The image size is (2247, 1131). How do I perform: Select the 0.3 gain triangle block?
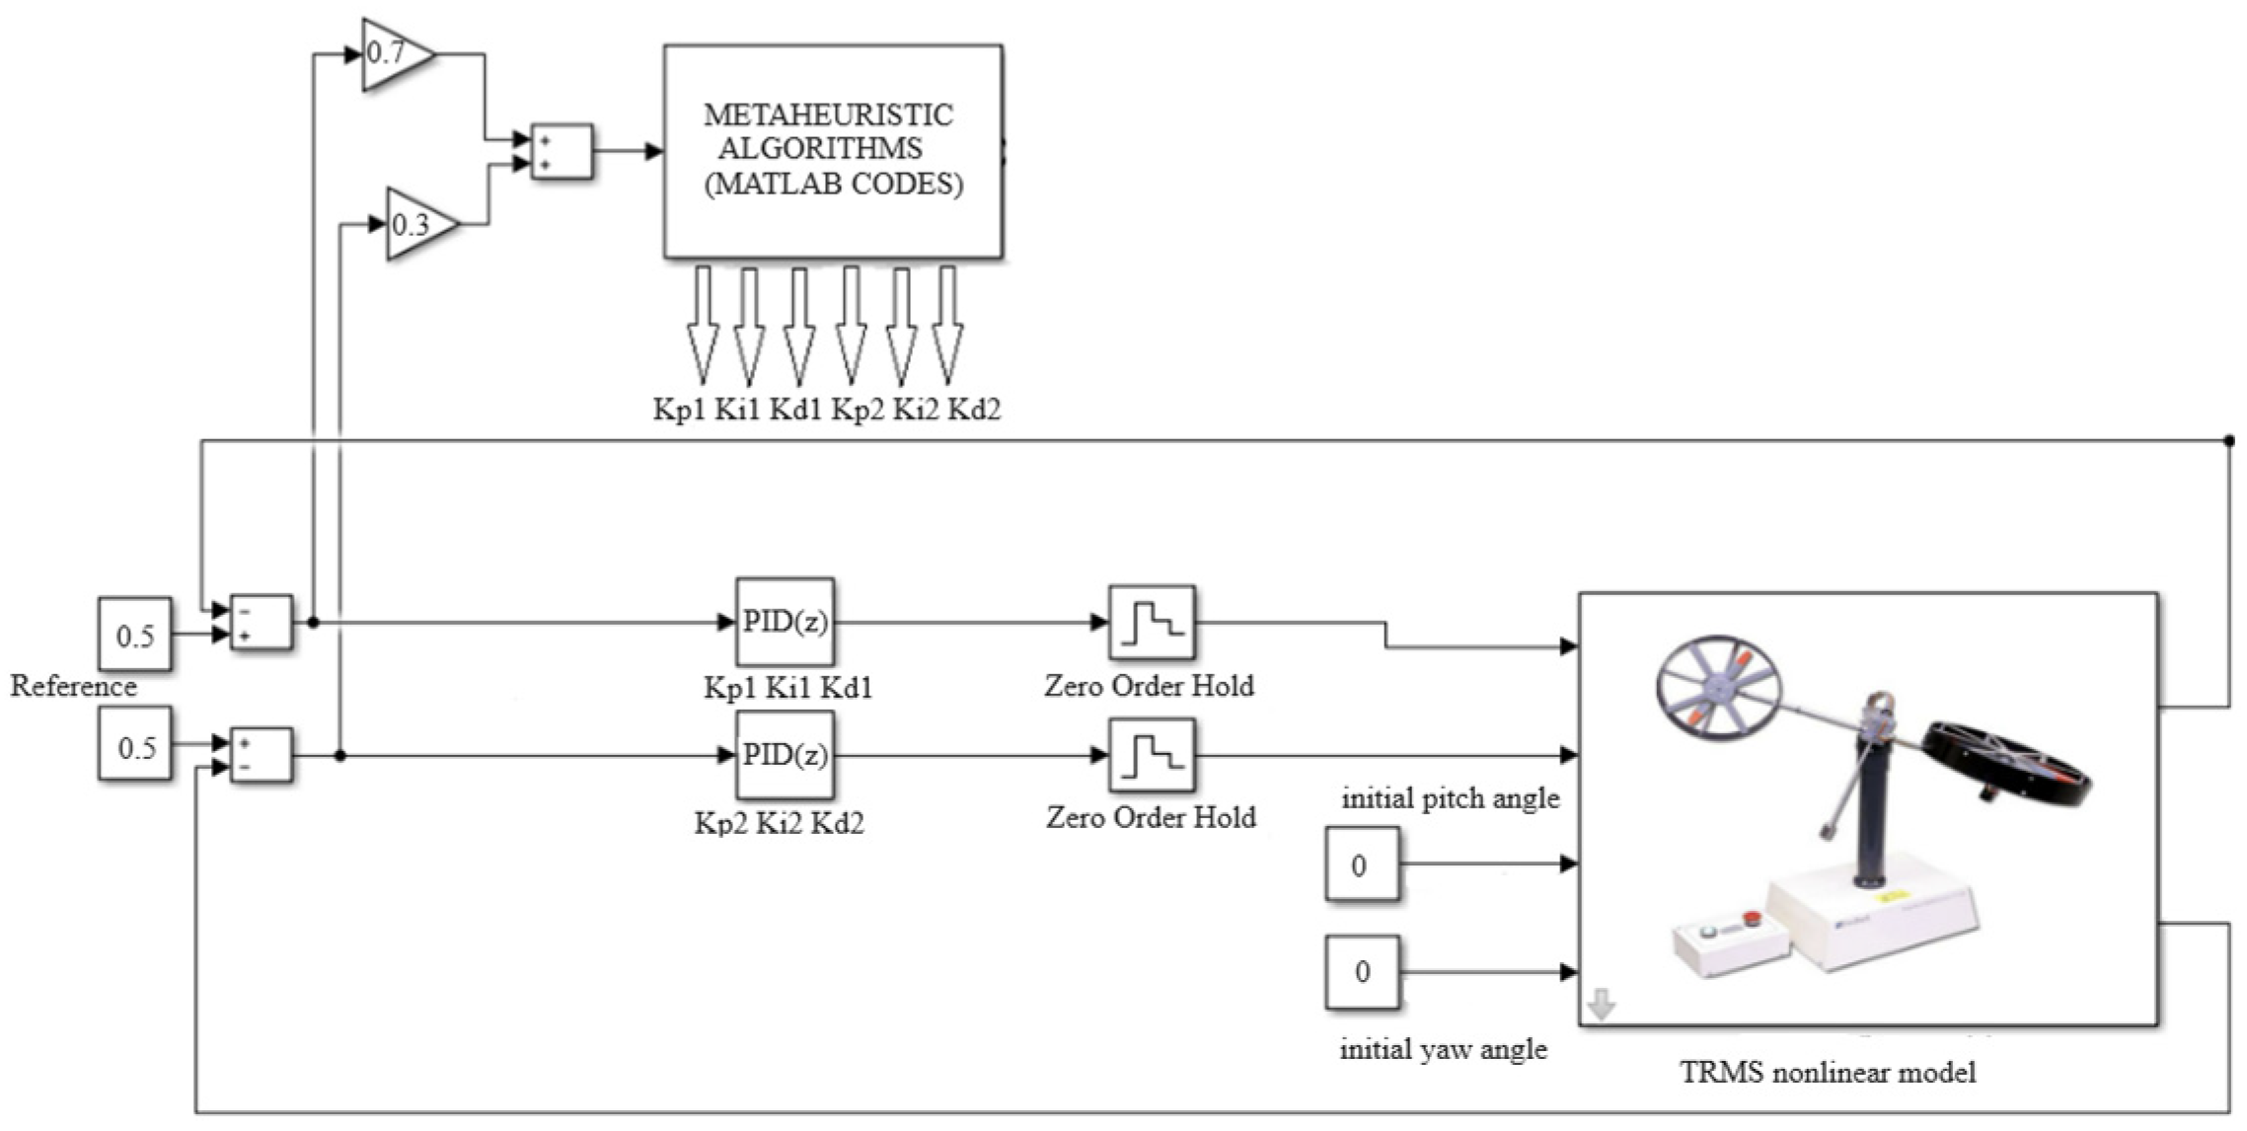coord(416,225)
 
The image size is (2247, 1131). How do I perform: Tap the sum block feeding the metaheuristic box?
coord(562,152)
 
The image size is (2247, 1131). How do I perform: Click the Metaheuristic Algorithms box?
coord(833,151)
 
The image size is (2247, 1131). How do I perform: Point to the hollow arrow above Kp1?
coord(702,326)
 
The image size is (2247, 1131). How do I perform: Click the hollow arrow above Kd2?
coord(946,326)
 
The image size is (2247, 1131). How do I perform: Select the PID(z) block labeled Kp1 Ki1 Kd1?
coord(785,622)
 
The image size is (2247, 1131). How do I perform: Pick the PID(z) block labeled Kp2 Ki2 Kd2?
coord(785,755)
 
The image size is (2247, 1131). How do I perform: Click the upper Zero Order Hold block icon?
coord(1151,622)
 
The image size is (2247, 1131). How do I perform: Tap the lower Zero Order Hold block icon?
coord(1151,755)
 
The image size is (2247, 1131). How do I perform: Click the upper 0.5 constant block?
coord(135,635)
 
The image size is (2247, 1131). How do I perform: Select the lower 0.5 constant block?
coord(135,745)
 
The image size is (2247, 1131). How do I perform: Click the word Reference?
coord(74,686)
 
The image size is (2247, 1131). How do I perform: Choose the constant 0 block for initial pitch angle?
coord(1361,865)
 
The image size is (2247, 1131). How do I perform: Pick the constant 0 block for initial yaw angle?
coord(1361,971)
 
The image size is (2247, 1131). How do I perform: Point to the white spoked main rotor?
coord(1717,684)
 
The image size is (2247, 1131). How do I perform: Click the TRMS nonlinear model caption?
coord(1828,1073)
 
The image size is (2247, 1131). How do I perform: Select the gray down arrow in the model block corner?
coord(1602,1006)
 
